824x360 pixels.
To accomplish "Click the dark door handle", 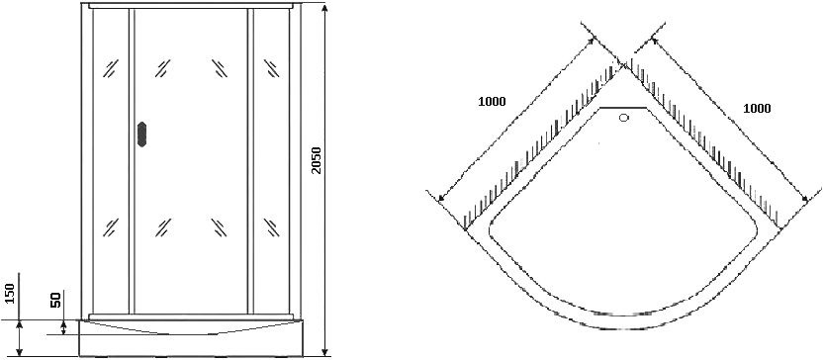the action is point(141,135).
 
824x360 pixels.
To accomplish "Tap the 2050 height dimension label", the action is point(316,159).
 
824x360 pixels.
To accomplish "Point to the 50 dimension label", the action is point(56,300).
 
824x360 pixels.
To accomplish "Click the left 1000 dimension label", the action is point(492,102).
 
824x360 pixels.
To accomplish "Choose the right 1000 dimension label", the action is point(757,108).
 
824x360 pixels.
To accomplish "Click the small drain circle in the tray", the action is point(624,118).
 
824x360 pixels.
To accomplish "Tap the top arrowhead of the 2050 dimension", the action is point(324,9).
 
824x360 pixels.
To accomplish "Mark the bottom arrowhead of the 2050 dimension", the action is point(324,351).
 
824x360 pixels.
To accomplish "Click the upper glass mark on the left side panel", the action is point(111,68).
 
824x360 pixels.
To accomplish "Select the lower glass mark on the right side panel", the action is point(271,227).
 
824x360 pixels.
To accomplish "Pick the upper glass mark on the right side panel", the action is point(271,68).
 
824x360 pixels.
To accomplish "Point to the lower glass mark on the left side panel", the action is point(111,227).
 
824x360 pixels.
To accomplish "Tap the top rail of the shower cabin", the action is point(191,6).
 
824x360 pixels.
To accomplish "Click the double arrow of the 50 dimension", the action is point(63,327).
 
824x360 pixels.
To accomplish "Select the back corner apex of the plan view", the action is point(623,65).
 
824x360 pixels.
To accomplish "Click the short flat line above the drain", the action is point(623,107).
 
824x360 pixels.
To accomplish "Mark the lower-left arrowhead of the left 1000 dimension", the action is point(441,197).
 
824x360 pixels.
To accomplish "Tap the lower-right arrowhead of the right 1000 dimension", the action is point(804,199).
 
